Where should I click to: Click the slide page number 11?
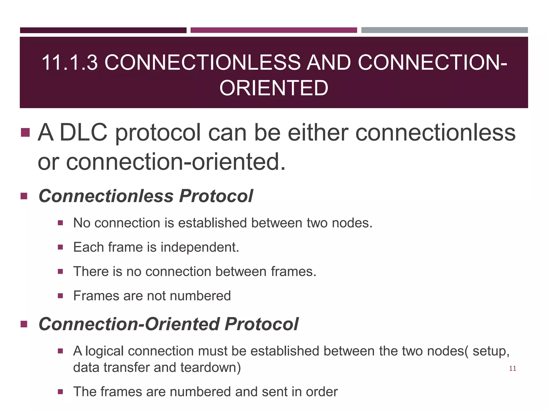pos(512,368)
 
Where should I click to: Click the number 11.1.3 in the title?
pos(70,63)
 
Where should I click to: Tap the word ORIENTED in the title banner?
pos(274,88)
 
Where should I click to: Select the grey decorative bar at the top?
pos(444,30)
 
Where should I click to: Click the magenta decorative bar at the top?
pos(273,30)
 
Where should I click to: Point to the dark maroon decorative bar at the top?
pos(103,30)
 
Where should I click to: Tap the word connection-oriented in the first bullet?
pos(175,162)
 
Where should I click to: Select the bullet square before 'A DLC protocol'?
pos(25,132)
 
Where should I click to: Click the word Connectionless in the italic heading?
pos(106,196)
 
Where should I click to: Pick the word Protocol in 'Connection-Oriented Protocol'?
pos(261,324)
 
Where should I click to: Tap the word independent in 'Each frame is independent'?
pos(199,247)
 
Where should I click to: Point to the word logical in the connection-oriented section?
pos(104,351)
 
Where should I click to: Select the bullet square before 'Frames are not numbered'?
pos(60,296)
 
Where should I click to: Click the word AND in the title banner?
pos(329,63)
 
